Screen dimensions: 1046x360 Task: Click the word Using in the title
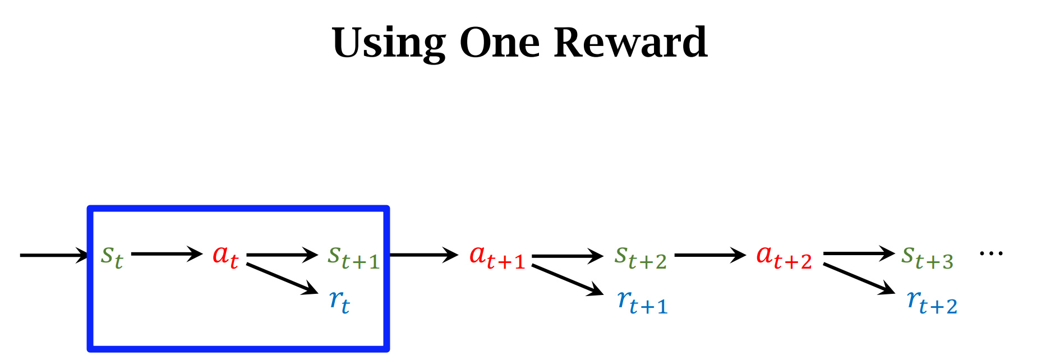tap(389, 44)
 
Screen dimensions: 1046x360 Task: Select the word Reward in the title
tap(630, 43)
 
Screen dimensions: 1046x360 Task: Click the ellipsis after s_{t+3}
tap(991, 254)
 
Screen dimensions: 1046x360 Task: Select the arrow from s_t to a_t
tap(167, 254)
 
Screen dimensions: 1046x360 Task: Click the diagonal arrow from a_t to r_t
tap(282, 278)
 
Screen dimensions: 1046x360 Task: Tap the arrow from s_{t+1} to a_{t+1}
tap(424, 255)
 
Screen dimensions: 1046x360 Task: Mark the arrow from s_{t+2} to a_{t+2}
tap(710, 256)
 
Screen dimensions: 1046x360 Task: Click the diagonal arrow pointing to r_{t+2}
tap(859, 278)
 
